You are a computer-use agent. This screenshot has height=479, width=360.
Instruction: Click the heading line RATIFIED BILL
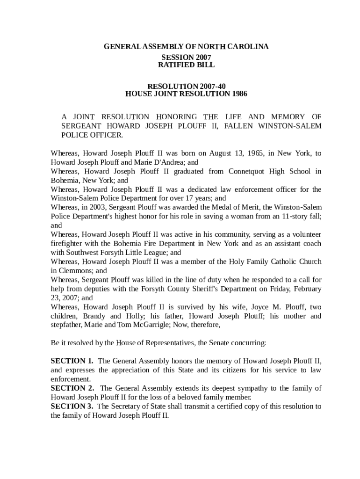pos(186,65)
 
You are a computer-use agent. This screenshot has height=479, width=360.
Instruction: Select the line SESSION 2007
pos(186,57)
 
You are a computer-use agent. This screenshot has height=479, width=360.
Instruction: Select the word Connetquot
pos(247,172)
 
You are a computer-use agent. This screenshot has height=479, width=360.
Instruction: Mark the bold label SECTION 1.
pos(72,361)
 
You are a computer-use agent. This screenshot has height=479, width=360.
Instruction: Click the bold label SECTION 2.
pos(72,388)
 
